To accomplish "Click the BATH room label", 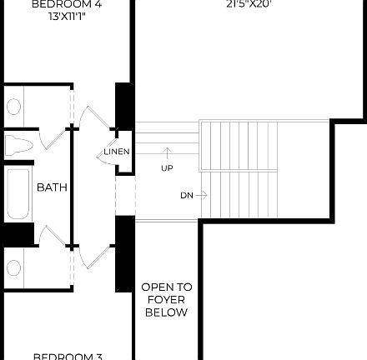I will click(52, 188).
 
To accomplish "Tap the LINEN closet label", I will click(117, 152).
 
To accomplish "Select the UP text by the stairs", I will click(167, 167).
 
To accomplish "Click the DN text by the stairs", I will click(186, 196).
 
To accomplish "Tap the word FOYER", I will click(167, 300).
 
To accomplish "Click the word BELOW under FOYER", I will click(167, 313).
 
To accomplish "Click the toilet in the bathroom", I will click(17, 146).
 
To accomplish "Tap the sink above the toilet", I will click(14, 107).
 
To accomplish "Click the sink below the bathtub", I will click(13, 267).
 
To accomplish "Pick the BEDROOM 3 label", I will click(67, 356).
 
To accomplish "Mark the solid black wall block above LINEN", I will click(124, 105).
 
